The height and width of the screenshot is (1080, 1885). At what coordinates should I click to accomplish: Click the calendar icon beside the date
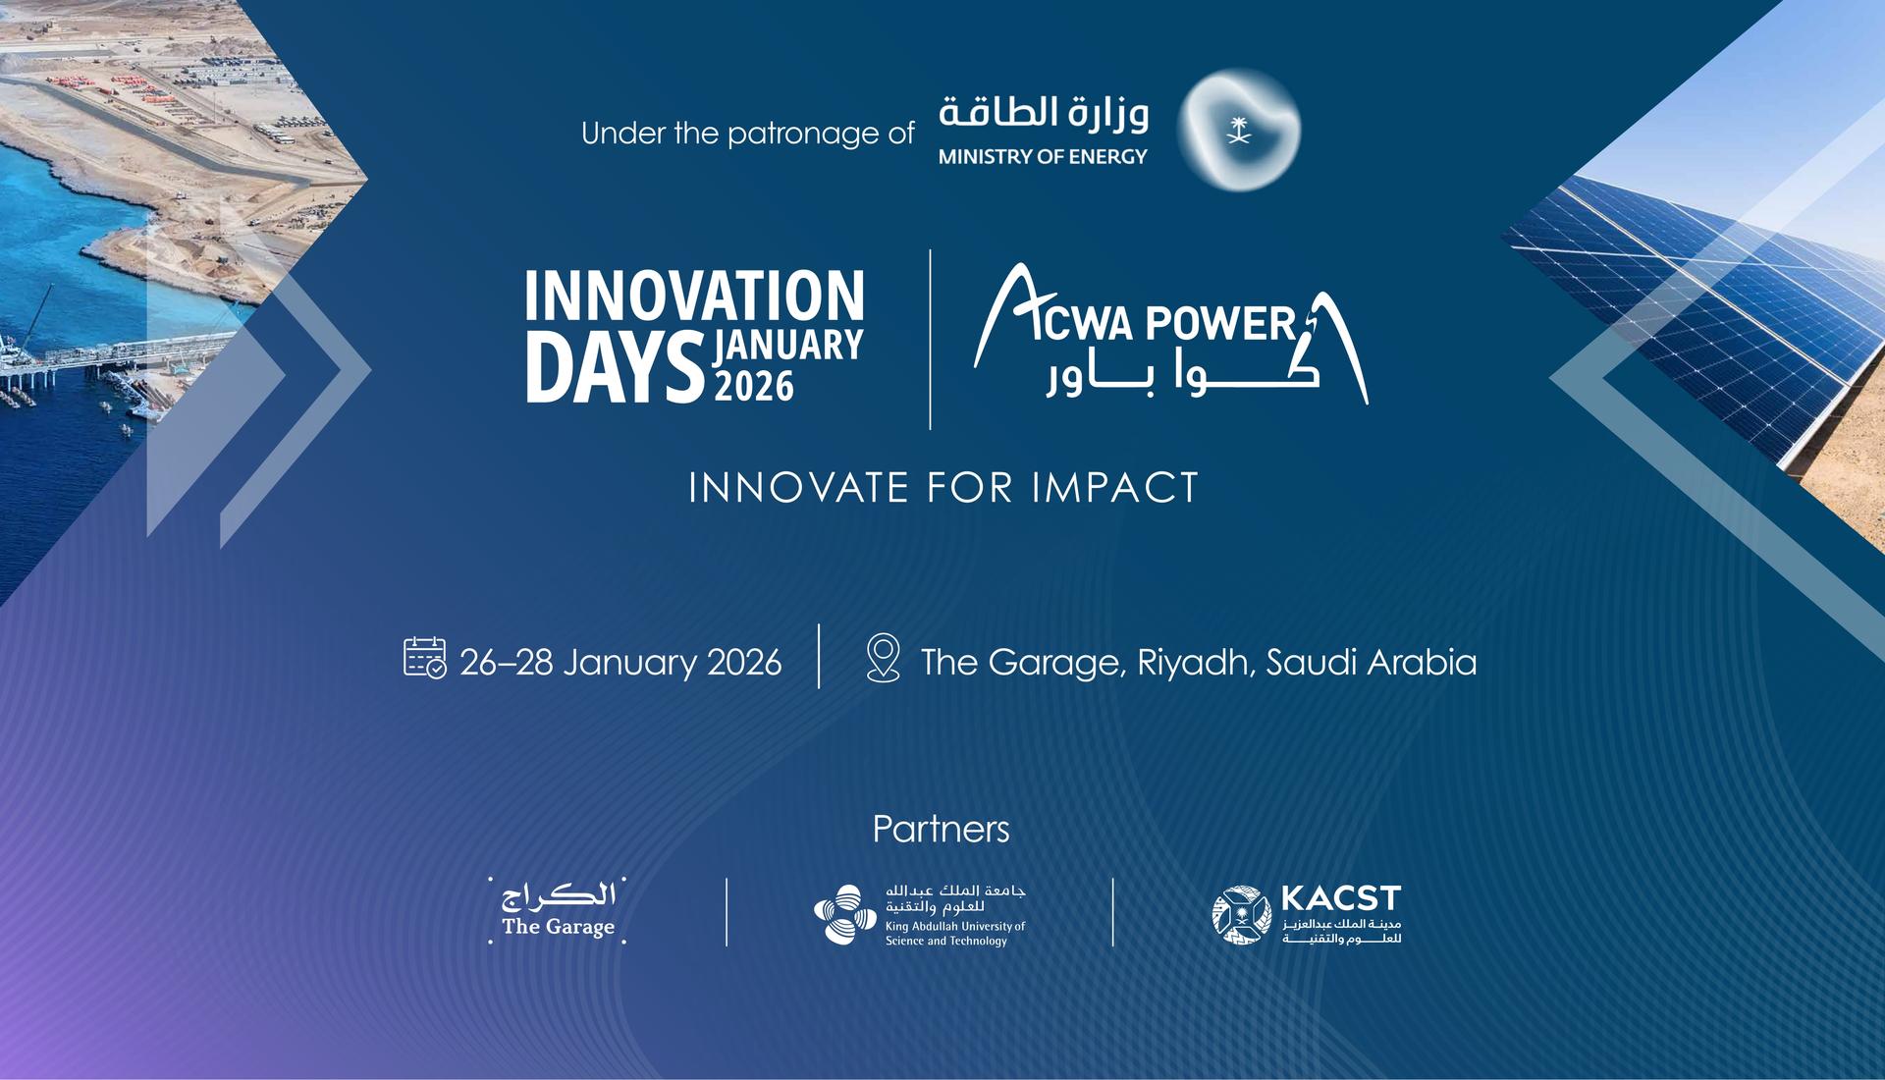[x=425, y=658]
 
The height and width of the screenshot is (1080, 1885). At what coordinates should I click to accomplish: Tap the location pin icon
[x=884, y=658]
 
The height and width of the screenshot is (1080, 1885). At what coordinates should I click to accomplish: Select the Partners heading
[x=941, y=830]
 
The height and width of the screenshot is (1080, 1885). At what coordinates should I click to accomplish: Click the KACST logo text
[x=1341, y=898]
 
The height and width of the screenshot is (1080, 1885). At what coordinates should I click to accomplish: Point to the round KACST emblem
[x=1242, y=915]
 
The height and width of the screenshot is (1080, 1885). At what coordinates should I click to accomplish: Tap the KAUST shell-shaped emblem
[x=845, y=914]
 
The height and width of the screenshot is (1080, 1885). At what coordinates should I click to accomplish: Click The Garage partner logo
[x=558, y=910]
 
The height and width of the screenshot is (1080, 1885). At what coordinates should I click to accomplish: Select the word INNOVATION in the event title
[x=694, y=297]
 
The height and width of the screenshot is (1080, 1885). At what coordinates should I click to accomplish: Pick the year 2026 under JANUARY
[x=754, y=386]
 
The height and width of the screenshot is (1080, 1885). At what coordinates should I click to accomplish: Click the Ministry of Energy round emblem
[x=1239, y=129]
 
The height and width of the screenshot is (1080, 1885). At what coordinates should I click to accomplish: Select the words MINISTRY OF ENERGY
[x=1043, y=156]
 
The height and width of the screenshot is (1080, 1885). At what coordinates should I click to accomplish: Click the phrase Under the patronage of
[x=748, y=133]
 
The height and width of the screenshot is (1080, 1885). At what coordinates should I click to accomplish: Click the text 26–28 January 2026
[x=620, y=663]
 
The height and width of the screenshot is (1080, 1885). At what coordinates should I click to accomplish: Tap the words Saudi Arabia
[x=1372, y=663]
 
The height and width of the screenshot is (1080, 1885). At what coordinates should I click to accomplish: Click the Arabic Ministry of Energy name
[x=1044, y=113]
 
